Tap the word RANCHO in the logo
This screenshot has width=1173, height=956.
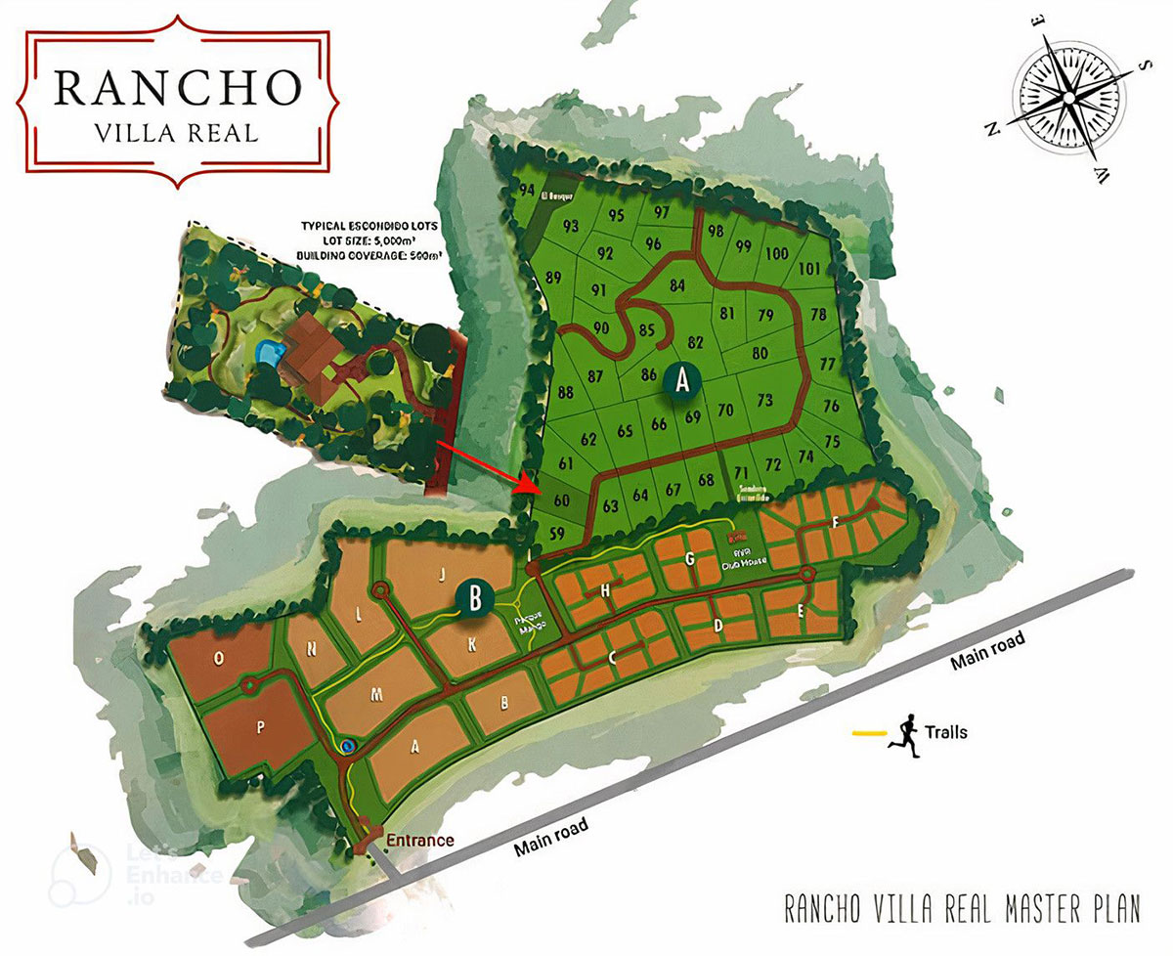(177, 87)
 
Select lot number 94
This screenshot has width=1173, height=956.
(528, 190)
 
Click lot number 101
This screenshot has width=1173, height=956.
(809, 269)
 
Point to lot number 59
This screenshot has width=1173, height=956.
(557, 534)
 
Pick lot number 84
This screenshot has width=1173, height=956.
(677, 285)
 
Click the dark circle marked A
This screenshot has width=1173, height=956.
(681, 379)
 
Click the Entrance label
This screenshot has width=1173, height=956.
(419, 840)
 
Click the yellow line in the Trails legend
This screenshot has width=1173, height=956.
(867, 732)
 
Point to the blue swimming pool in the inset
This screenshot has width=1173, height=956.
(265, 351)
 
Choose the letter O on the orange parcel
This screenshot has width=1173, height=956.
(218, 659)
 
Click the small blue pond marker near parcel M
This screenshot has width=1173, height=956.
(347, 746)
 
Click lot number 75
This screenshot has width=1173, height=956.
(832, 441)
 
